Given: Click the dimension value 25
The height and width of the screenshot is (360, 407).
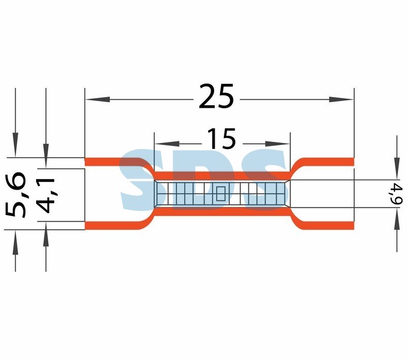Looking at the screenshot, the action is [x=216, y=96].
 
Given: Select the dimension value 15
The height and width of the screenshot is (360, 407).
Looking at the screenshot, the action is [x=222, y=139].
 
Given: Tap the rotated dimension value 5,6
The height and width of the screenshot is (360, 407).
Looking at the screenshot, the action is [x=16, y=195].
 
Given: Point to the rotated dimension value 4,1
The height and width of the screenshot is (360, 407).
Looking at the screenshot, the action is [x=46, y=195].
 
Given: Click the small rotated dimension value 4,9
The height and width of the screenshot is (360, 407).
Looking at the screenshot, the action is [x=398, y=194].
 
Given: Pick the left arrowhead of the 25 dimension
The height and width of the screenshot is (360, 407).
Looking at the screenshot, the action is [x=98, y=99].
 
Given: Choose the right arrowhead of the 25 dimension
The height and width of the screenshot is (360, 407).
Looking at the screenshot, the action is [x=341, y=99].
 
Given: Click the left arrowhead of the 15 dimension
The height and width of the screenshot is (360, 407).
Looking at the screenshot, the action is [x=167, y=144].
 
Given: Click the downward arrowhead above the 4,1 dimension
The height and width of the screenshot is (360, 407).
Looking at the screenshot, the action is [x=46, y=156].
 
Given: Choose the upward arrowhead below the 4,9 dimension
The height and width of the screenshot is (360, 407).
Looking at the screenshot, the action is [x=397, y=220].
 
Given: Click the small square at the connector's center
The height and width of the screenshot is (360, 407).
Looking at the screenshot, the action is [x=221, y=194].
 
